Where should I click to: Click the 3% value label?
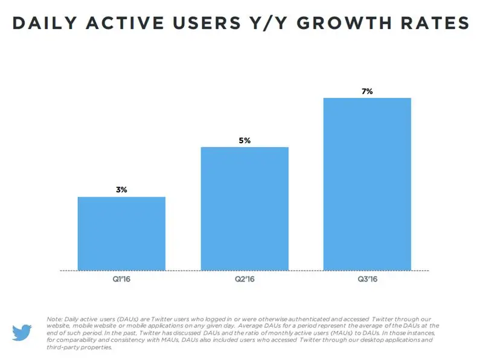pos(121,190)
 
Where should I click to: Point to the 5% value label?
pos(245,141)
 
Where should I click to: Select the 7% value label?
pos(367,91)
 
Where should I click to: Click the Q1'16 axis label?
pos(121,280)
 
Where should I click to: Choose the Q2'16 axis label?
pos(245,280)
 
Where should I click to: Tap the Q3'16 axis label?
pos(367,280)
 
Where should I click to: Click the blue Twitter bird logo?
pos(22,332)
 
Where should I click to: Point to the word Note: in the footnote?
pos(54,318)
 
